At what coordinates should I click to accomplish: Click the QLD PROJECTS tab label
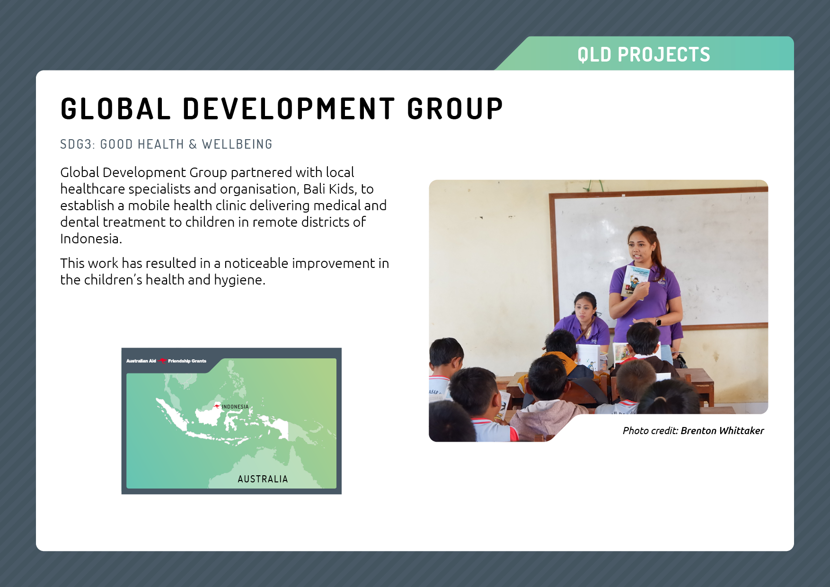coord(644,55)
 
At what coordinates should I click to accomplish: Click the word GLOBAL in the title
coord(115,109)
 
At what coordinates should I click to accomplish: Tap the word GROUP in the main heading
coord(455,109)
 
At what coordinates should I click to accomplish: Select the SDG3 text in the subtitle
coord(78,144)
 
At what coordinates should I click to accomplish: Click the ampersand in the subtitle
coord(193,144)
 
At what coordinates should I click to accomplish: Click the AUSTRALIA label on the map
coord(263,479)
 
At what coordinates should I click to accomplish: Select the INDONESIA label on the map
coord(235,407)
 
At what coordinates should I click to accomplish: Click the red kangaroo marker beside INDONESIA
coord(217,406)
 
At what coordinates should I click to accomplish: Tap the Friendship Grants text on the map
coord(187,361)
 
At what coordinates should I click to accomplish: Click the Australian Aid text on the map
coord(141,361)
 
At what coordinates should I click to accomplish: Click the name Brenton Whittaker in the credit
coord(722,431)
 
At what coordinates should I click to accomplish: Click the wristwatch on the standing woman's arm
coord(658,322)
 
